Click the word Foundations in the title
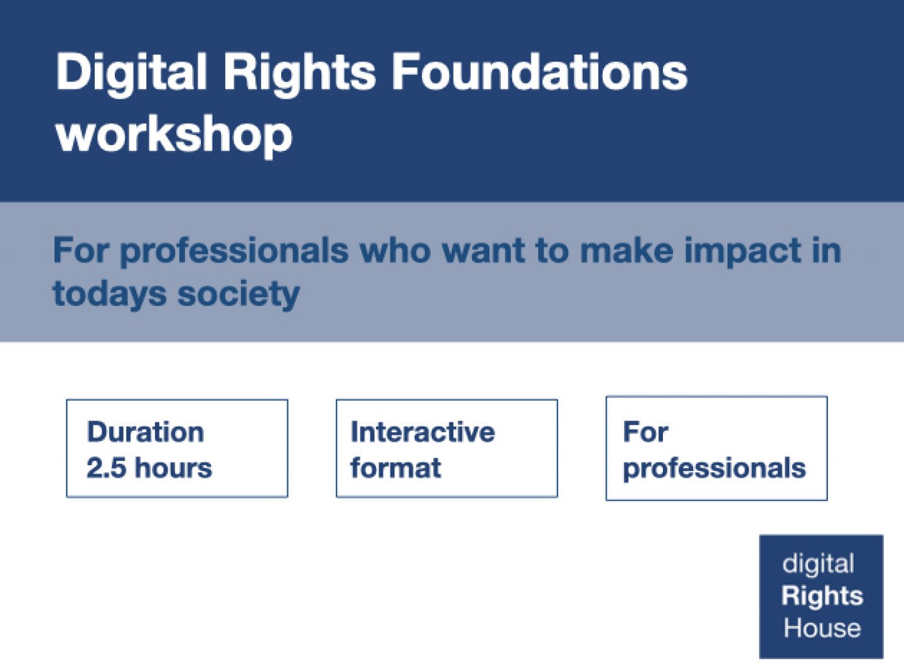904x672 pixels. coord(539,72)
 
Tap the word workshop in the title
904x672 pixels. coord(174,135)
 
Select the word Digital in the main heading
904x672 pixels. coord(131,72)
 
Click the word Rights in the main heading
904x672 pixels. coord(299,72)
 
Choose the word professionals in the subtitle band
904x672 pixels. coord(234,251)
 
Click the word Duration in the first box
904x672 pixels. coord(146,432)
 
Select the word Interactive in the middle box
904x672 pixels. coord(422,432)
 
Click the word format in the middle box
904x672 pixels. coord(395,468)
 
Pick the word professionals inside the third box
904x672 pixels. coord(714,469)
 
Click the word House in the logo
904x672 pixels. coord(822,628)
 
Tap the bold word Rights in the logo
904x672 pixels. coord(822,596)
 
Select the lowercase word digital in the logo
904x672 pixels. coord(818,564)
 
